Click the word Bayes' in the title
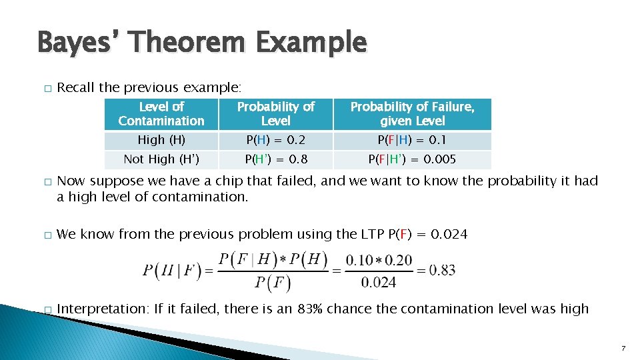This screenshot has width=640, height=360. tap(79, 42)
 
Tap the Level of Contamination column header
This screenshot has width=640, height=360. tap(161, 114)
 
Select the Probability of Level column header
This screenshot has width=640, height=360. tap(275, 114)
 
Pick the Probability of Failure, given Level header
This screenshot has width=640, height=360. tap(413, 114)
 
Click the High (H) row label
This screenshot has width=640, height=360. tap(161, 140)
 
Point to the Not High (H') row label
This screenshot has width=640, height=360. tap(161, 159)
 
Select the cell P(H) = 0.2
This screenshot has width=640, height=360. tap(275, 140)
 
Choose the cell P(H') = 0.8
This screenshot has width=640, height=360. tap(275, 159)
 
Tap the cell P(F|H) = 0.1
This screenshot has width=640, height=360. tap(413, 140)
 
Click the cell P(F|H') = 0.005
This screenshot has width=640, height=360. tap(413, 159)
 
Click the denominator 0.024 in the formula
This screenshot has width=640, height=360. tap(379, 283)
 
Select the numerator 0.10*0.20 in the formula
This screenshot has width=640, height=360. tap(379, 259)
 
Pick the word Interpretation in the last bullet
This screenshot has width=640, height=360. tap(103, 309)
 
